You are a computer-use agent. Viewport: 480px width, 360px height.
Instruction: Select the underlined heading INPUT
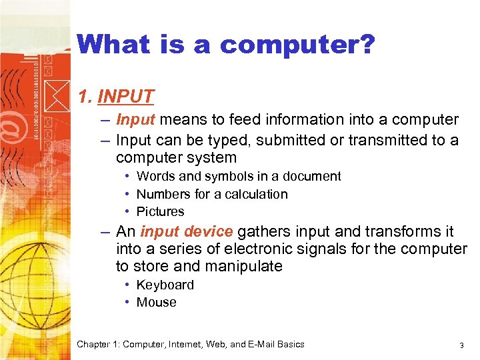(x=126, y=97)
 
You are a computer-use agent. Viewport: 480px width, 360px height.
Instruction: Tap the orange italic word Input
(x=135, y=120)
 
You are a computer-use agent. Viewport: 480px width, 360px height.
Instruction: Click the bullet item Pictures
(x=160, y=212)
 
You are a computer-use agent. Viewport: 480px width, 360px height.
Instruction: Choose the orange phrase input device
(x=186, y=232)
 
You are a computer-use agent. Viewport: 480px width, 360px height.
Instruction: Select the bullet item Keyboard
(x=165, y=285)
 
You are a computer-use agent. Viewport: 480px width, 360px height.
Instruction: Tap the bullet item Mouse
(x=156, y=303)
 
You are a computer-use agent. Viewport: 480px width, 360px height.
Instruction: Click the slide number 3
(x=461, y=345)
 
